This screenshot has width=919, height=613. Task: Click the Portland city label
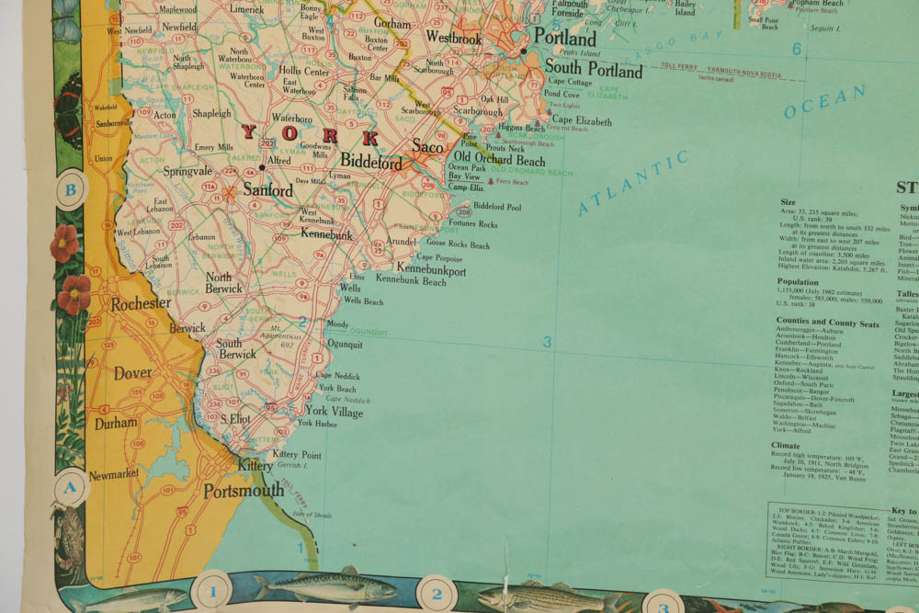[x=564, y=38]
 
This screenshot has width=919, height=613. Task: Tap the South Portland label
[x=593, y=69]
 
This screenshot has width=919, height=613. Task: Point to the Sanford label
[x=268, y=190]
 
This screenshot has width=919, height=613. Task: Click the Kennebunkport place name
[x=431, y=271]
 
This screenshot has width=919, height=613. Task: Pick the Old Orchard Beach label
[x=499, y=159]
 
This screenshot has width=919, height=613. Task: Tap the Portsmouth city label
[x=244, y=490]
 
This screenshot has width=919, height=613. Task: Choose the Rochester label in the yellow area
[x=141, y=302]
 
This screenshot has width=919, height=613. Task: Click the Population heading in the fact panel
[x=798, y=282]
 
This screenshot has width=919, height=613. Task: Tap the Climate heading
[x=791, y=446]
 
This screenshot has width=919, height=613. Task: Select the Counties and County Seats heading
[x=827, y=324]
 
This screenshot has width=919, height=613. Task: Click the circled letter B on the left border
[x=71, y=192]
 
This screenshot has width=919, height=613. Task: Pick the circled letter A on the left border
[x=69, y=488]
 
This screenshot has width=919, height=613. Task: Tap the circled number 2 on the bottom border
[x=437, y=593]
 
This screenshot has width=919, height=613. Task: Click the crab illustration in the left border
[x=70, y=532]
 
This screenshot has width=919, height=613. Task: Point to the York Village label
[x=335, y=412]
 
